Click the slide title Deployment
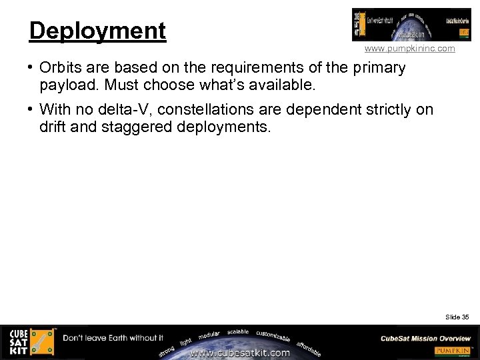pos(97,31)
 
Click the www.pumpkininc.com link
pos(409,49)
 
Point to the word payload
pos(69,85)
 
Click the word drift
pos(53,127)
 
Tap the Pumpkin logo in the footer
pos(453,351)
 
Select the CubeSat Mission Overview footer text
pos(425,339)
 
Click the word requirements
pos(253,67)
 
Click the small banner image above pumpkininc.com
pos(402,25)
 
